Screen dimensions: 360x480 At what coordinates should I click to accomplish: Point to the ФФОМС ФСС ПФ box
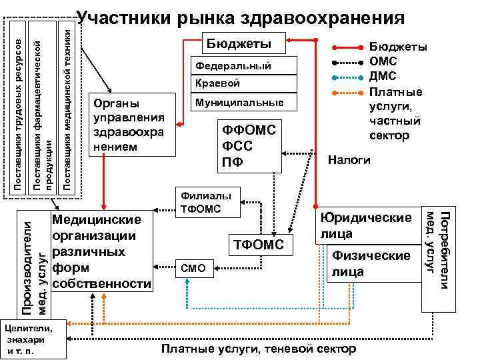[x=251, y=144]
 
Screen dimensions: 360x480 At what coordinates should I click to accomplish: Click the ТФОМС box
[x=261, y=245]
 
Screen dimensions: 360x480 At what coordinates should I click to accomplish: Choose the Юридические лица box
[x=367, y=227]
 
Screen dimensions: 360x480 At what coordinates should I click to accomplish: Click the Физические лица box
[x=371, y=263]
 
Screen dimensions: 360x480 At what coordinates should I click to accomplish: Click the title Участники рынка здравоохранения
[x=241, y=18]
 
